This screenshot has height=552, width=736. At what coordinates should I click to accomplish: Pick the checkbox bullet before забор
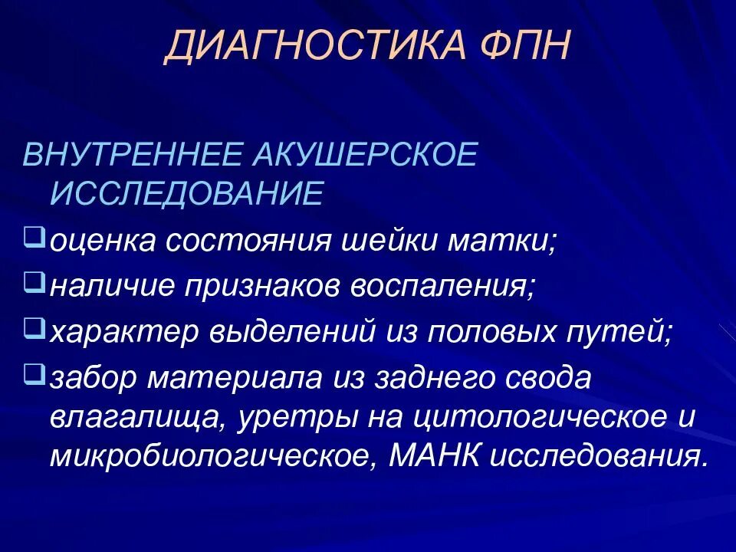click(x=32, y=373)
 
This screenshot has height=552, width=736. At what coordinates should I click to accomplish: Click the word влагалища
click(x=138, y=419)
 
